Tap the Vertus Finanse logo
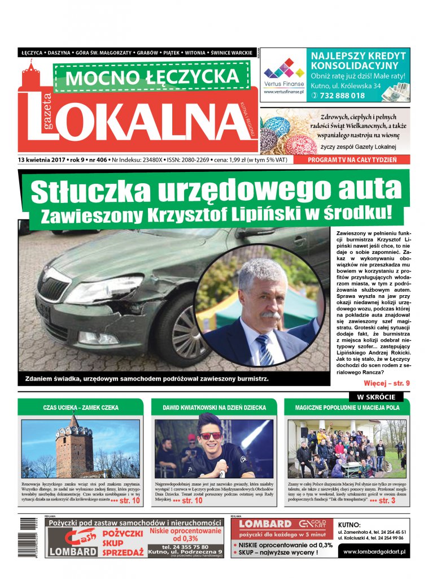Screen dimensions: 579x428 click(x=284, y=74)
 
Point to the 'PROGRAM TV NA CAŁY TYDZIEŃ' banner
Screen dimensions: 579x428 click(x=352, y=160)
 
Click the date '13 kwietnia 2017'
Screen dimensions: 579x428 click(x=42, y=160)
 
